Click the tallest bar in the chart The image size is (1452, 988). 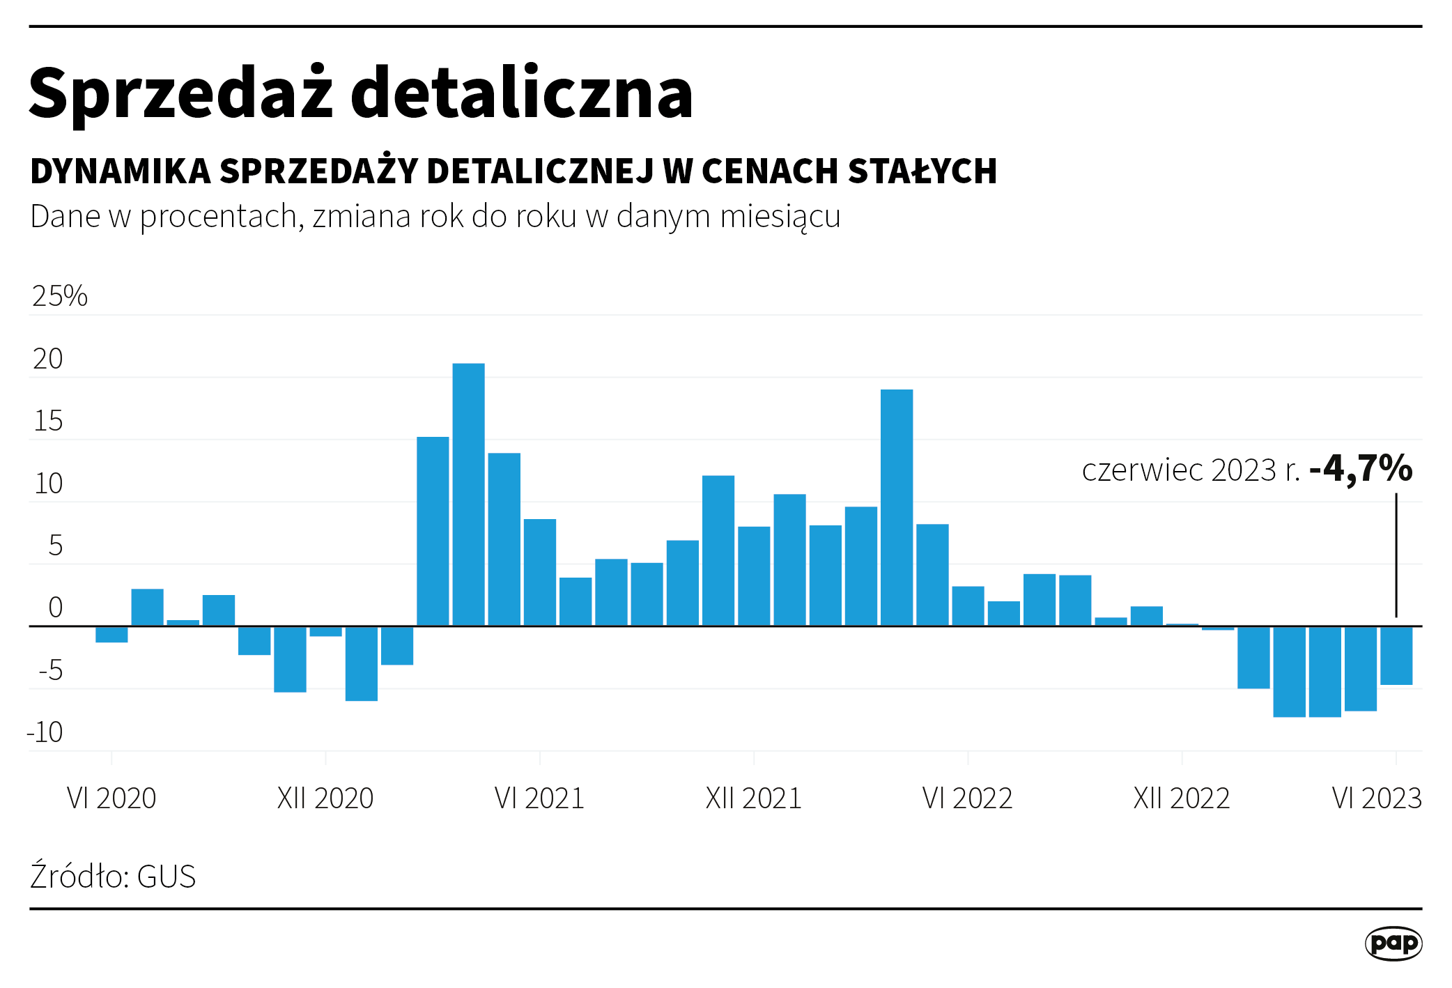pyautogui.click(x=468, y=495)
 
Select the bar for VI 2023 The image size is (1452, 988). pyautogui.click(x=1396, y=655)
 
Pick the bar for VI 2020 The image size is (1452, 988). pyautogui.click(x=111, y=634)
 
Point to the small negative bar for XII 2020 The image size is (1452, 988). pyautogui.click(x=325, y=631)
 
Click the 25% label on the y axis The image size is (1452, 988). pyautogui.click(x=60, y=296)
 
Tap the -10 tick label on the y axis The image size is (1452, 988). pyautogui.click(x=45, y=732)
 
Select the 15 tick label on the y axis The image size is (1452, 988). pyautogui.click(x=48, y=421)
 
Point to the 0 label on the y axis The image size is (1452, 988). pyautogui.click(x=55, y=608)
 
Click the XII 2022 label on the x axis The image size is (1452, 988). pyautogui.click(x=1182, y=798)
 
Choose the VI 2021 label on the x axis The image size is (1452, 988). pyautogui.click(x=539, y=798)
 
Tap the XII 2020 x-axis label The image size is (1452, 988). pyautogui.click(x=325, y=798)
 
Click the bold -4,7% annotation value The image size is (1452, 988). pyautogui.click(x=1361, y=468)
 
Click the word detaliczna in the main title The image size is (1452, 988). pyautogui.click(x=521, y=94)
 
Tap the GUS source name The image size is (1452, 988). pyautogui.click(x=167, y=877)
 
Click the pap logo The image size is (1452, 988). pyautogui.click(x=1393, y=943)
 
